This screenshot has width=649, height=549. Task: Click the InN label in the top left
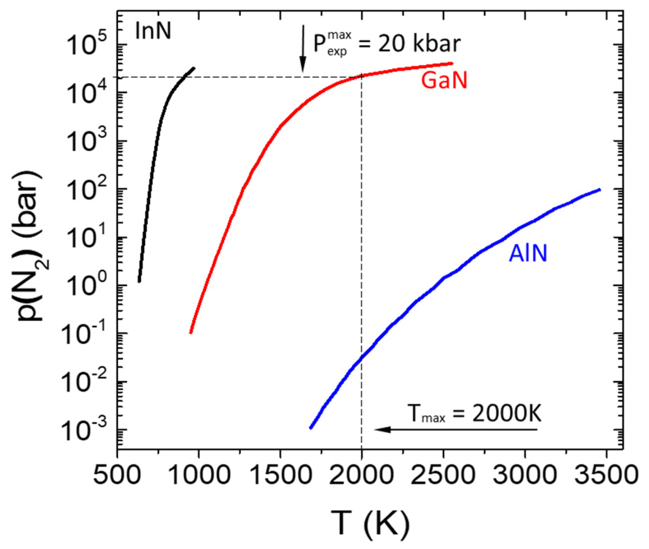click(153, 31)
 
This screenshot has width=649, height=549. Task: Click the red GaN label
click(444, 80)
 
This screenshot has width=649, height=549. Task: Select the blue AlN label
click(528, 253)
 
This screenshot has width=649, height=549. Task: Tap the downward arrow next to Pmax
click(303, 49)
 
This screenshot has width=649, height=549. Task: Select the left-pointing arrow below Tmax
click(454, 429)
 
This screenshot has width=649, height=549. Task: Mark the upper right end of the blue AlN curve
click(599, 190)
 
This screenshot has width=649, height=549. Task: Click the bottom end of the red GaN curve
click(191, 332)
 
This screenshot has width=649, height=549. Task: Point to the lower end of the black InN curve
click(139, 281)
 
